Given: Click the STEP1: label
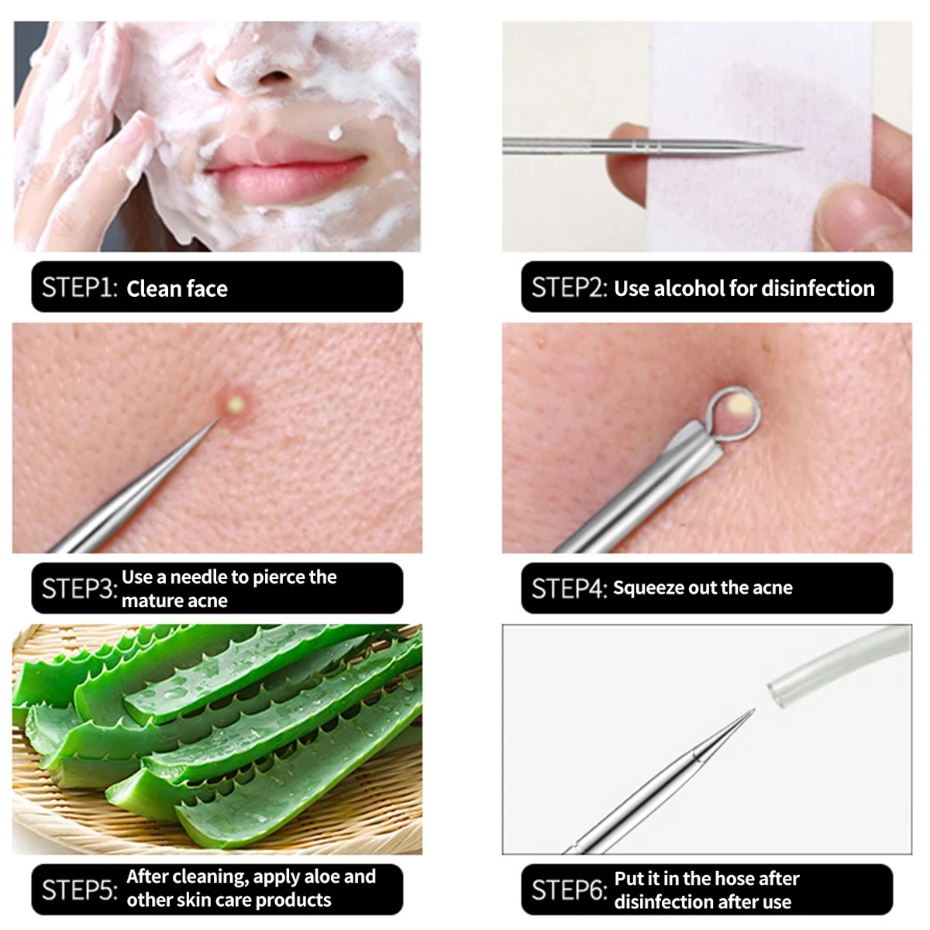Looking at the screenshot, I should click(x=79, y=288).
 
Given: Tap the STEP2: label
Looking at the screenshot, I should click(x=569, y=288).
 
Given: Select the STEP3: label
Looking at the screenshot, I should click(x=79, y=588).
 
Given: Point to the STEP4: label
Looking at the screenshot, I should click(x=569, y=588).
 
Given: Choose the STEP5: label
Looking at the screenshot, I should click(x=79, y=889).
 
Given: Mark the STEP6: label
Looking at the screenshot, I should click(x=569, y=890).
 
